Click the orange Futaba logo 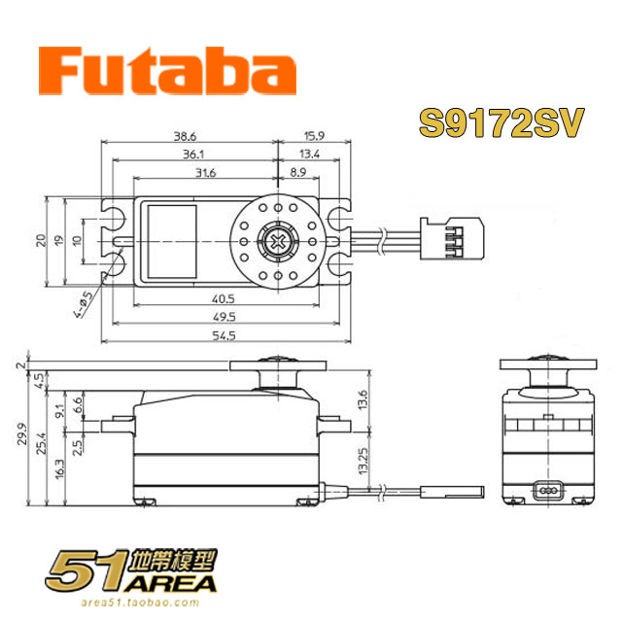pyautogui.click(x=167, y=71)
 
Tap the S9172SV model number pyautogui.click(x=501, y=122)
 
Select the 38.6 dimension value pyautogui.click(x=185, y=136)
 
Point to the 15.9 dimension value pyautogui.click(x=314, y=136)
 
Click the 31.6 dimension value pyautogui.click(x=205, y=173)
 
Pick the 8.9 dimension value pyautogui.click(x=298, y=172)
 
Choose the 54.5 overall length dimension pyautogui.click(x=224, y=335)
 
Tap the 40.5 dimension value pyautogui.click(x=223, y=298)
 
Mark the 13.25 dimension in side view pyautogui.click(x=363, y=461)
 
